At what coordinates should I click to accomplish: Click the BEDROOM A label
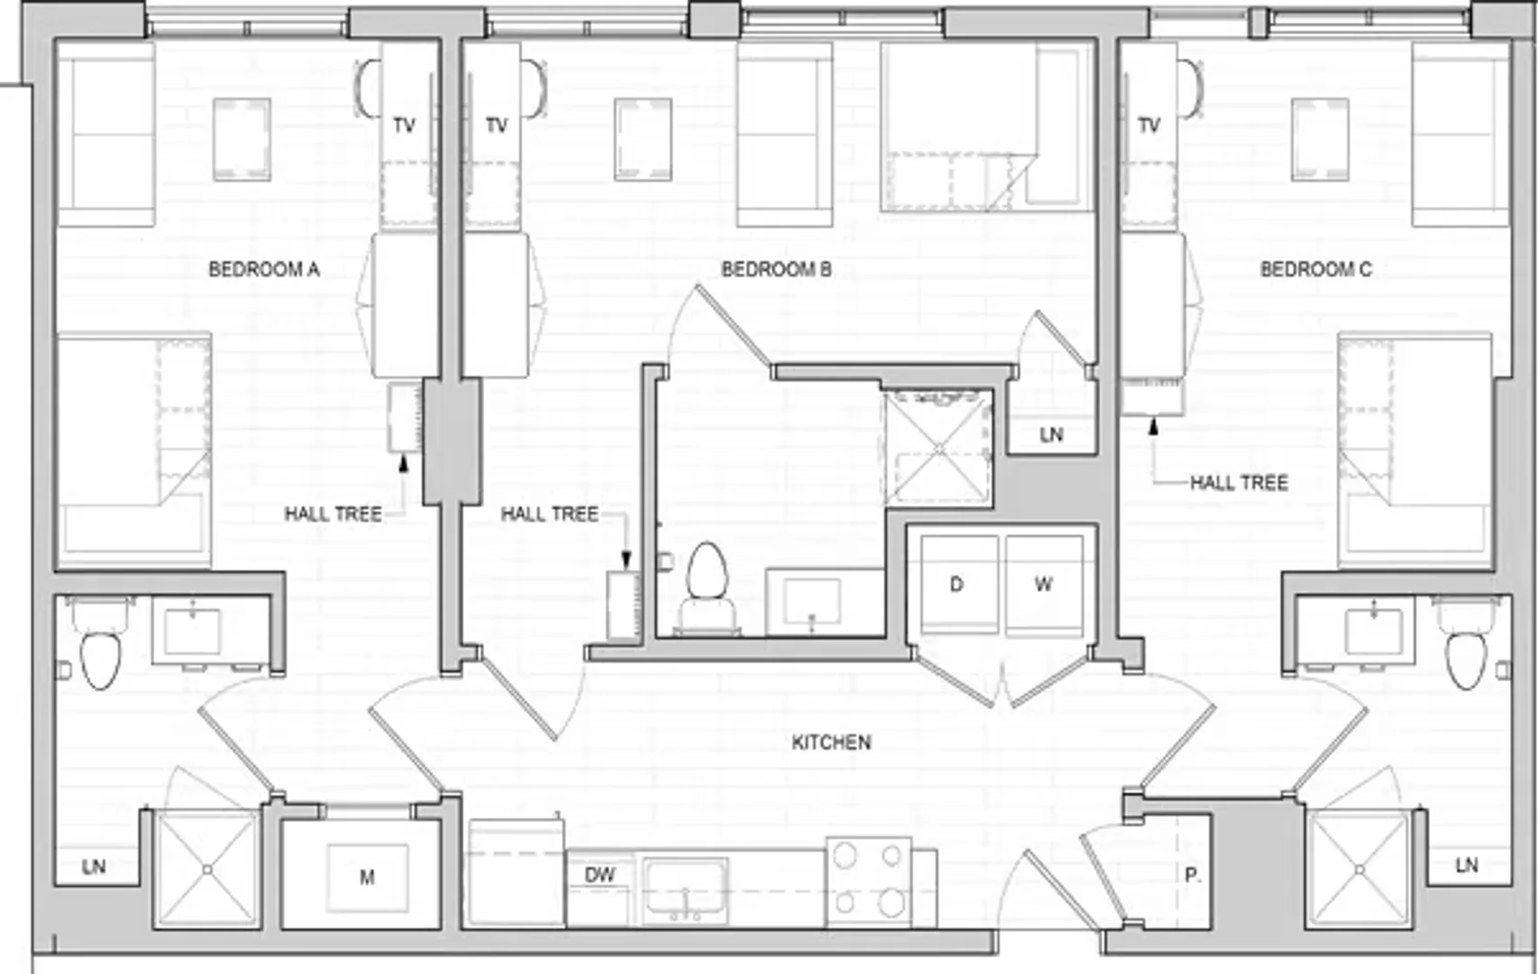tap(263, 270)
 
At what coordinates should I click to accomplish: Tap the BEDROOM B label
tap(776, 270)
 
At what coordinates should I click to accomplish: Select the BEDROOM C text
tap(1316, 270)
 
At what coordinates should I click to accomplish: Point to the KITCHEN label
tap(831, 742)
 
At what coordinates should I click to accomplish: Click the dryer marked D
tap(958, 584)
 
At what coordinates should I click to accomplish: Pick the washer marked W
tap(1044, 584)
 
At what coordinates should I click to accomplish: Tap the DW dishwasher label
tap(600, 875)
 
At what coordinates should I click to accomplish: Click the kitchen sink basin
tap(685, 888)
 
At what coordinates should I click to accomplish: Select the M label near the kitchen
tap(367, 878)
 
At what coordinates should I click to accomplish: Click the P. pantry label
tap(1193, 876)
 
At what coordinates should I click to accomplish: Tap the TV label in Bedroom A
tap(405, 125)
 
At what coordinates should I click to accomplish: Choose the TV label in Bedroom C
tap(1149, 125)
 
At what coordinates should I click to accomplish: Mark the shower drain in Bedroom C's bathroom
tap(1359, 869)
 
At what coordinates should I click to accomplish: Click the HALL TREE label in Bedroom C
tap(1239, 483)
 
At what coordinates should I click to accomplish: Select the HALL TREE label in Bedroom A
tap(333, 514)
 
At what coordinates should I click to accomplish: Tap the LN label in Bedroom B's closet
tap(1051, 435)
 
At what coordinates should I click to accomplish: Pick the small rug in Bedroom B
tap(643, 140)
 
